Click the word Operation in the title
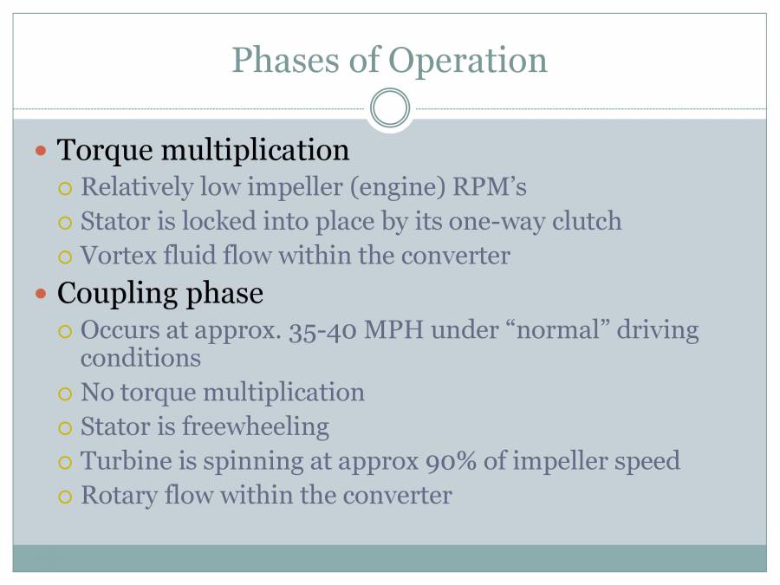pos(468,61)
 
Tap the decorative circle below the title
pos(390,109)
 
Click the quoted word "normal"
pos(543,330)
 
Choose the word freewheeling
pos(255,426)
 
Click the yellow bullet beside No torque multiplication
pos(66,393)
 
